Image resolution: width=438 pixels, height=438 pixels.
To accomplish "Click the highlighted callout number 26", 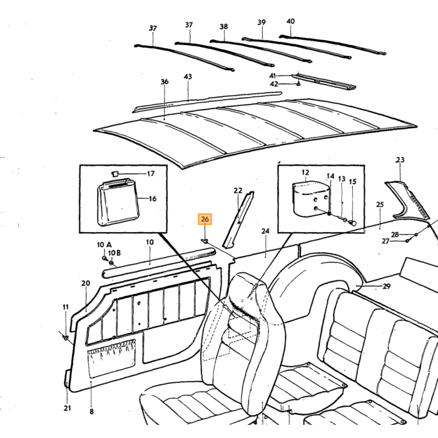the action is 205,219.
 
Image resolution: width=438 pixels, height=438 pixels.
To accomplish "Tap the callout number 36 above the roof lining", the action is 165,81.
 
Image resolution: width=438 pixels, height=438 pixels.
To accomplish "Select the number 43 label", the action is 188,76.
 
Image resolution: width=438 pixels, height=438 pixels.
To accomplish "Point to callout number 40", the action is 290,21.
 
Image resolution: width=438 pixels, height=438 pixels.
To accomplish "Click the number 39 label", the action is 262,22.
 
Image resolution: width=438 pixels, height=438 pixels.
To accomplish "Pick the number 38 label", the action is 224,26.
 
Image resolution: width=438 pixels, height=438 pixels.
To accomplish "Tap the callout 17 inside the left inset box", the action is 151,174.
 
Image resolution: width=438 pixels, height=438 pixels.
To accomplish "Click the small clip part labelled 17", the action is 115,174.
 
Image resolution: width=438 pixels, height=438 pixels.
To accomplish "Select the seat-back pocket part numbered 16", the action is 118,203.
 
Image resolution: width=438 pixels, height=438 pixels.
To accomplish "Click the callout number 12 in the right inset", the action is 305,172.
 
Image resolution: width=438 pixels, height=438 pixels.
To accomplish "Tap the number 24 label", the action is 265,231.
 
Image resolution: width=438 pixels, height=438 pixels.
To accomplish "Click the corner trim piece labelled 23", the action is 407,200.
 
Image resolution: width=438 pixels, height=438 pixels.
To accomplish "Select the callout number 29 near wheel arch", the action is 386,287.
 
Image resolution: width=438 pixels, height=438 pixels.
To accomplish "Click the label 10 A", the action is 104,245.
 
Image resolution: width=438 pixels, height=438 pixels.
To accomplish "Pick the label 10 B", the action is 115,253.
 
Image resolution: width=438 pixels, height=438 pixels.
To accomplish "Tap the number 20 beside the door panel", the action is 86,283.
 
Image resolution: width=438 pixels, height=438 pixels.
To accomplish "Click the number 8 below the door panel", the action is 91,412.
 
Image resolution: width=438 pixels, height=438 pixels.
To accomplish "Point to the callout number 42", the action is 274,84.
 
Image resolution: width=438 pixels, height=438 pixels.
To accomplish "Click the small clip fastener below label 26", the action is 205,240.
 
